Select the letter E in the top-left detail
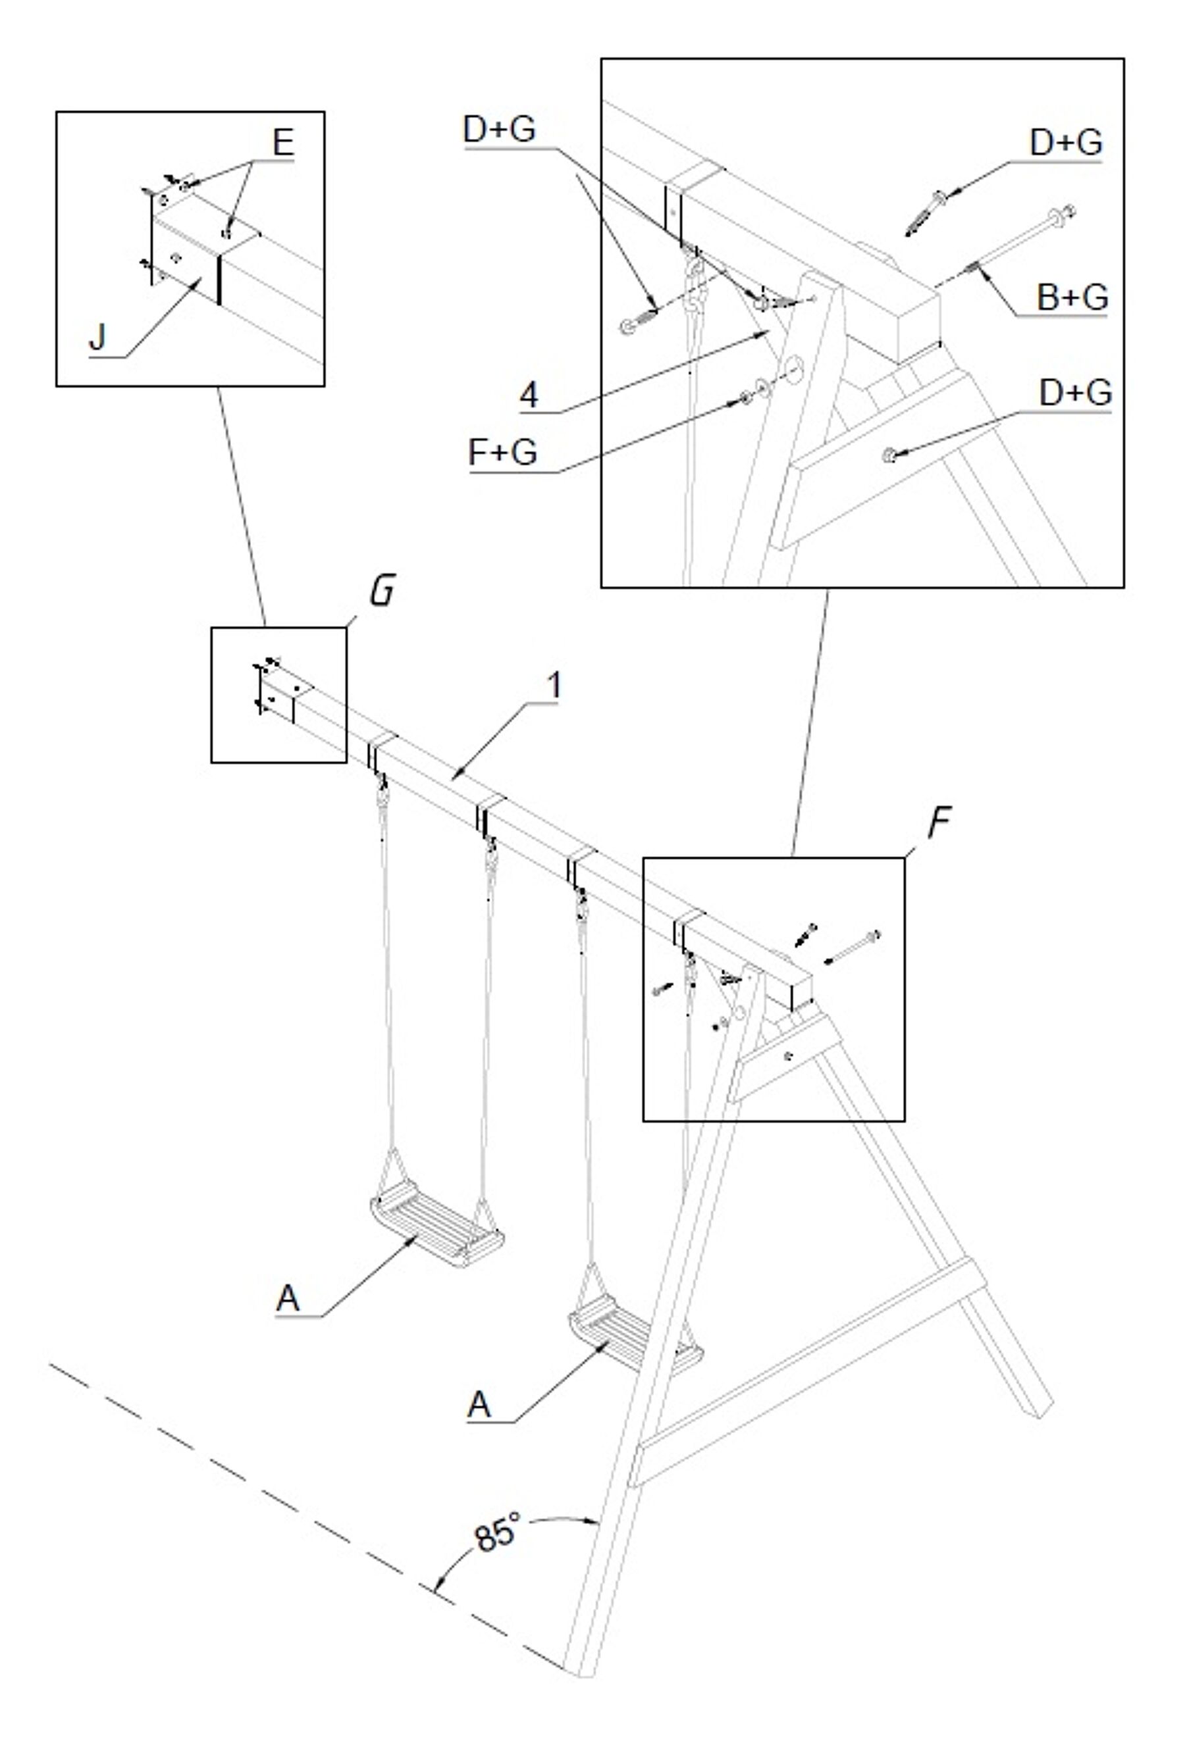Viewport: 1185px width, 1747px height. click(x=282, y=143)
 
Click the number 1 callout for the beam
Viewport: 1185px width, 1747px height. click(x=554, y=686)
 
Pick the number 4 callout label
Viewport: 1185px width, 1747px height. click(x=529, y=395)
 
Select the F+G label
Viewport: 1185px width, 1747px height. click(x=502, y=453)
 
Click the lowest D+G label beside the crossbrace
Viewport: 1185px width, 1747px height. click(x=1075, y=392)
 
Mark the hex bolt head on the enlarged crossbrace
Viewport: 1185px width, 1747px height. click(x=888, y=454)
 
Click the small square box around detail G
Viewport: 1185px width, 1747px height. click(x=279, y=695)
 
